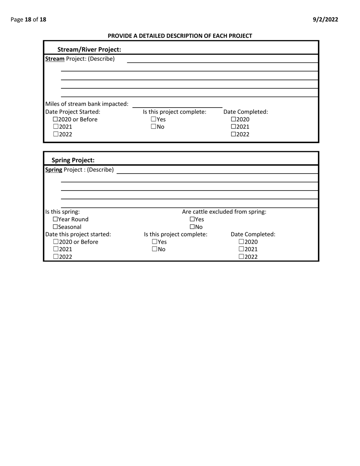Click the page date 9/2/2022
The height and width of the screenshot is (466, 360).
tap(326, 20)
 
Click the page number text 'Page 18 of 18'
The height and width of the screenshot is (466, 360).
tap(28, 20)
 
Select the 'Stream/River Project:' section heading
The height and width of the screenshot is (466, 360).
tap(89, 49)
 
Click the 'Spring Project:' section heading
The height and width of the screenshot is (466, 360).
tap(73, 160)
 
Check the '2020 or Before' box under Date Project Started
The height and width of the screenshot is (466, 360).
tap(56, 120)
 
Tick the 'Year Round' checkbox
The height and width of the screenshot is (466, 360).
tap(55, 219)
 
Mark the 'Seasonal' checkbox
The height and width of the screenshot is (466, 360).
tap(55, 227)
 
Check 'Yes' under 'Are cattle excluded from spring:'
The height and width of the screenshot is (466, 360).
tap(192, 219)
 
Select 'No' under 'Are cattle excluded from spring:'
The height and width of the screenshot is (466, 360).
tap(192, 227)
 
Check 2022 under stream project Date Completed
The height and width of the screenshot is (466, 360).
tap(233, 134)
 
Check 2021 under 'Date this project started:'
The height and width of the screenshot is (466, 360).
tap(56, 249)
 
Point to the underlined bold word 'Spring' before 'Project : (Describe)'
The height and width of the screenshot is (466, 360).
tap(54, 169)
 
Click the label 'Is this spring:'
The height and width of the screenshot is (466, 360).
tap(63, 212)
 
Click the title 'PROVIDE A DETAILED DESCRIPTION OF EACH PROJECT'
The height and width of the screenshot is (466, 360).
tap(180, 36)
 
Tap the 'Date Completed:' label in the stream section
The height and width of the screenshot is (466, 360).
tap(246, 112)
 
